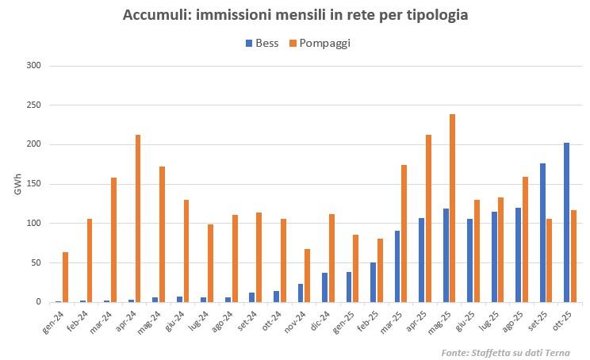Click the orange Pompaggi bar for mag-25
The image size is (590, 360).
point(453,208)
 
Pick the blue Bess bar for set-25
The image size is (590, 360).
point(542,232)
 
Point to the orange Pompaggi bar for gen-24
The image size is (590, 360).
point(66,277)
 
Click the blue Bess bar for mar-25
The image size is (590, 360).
point(397,266)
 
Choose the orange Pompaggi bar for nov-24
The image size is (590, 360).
point(308,275)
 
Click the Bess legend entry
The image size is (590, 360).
point(262,44)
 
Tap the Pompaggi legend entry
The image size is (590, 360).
point(320,44)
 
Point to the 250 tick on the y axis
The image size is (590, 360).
point(33,105)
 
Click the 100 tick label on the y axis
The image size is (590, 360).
point(33,223)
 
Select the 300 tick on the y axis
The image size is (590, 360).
point(33,65)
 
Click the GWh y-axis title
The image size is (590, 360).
point(17,184)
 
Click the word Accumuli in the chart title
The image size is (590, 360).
point(155,15)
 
